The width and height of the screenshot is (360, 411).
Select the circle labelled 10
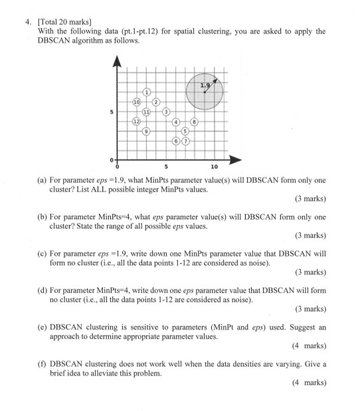coord(136,102)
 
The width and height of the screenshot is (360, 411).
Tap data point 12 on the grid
coord(136,122)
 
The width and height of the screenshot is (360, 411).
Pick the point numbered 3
coord(166,112)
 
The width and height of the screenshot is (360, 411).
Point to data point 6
coord(176,141)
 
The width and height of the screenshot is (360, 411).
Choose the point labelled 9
coord(146,131)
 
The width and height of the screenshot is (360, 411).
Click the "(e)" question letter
coord(46,333)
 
